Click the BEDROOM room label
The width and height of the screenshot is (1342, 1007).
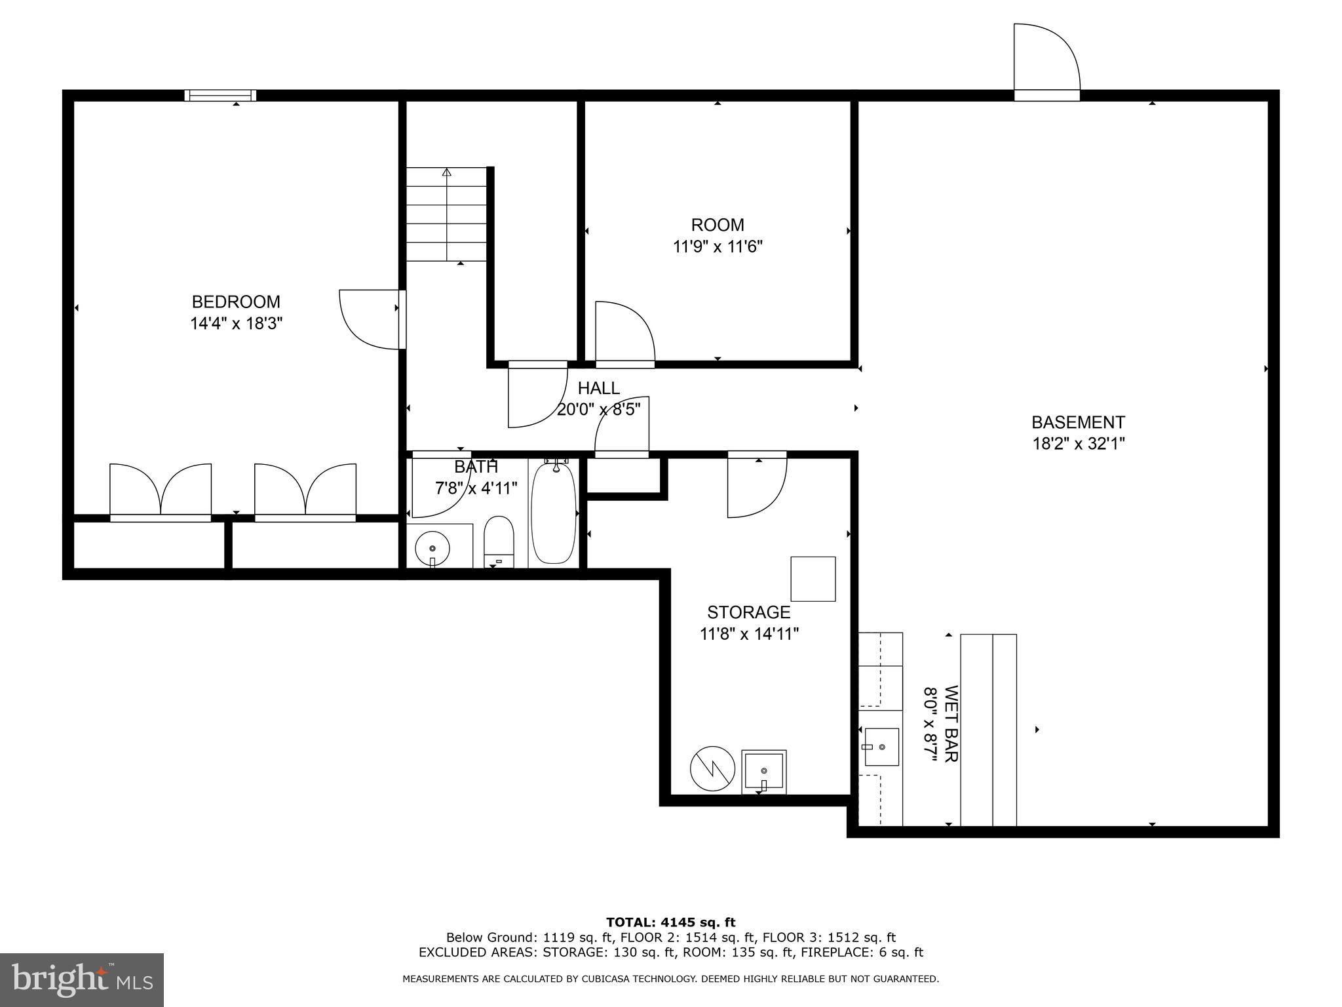coord(236,302)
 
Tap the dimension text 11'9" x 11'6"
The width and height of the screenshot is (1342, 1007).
coord(718,247)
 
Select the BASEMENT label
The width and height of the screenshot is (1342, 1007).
coord(1078,422)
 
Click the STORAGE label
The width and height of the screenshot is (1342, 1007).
coord(748,612)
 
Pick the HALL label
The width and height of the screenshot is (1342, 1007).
coord(598,388)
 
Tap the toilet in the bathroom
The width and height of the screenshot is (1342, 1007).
coord(499,541)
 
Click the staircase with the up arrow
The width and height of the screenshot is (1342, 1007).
coord(447,215)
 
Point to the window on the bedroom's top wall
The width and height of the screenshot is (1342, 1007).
coord(220,96)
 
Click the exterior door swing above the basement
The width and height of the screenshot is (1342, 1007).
coord(1046,59)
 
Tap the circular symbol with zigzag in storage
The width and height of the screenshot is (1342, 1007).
coord(712,768)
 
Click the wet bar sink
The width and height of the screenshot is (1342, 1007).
coord(881,747)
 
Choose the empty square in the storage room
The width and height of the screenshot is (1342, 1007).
coord(813,579)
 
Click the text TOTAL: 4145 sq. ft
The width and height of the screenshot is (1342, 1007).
coord(670,922)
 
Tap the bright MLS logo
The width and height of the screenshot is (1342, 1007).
coord(82,979)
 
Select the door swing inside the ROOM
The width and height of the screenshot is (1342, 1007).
coord(624,331)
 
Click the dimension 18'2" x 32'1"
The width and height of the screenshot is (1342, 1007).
coord(1078,444)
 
